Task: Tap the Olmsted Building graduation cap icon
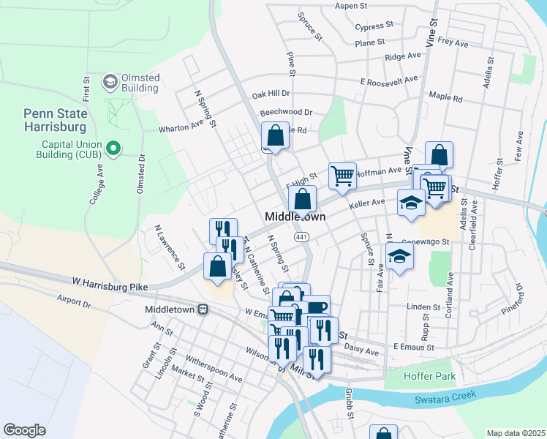[111, 80]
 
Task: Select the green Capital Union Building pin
[113, 149]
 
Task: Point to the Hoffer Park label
[430, 376]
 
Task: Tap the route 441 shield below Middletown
[301, 237]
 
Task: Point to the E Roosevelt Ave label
[388, 79]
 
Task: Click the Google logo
[24, 430]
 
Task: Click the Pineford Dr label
[514, 296]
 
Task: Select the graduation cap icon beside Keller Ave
[411, 202]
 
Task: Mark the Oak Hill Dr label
[271, 94]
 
